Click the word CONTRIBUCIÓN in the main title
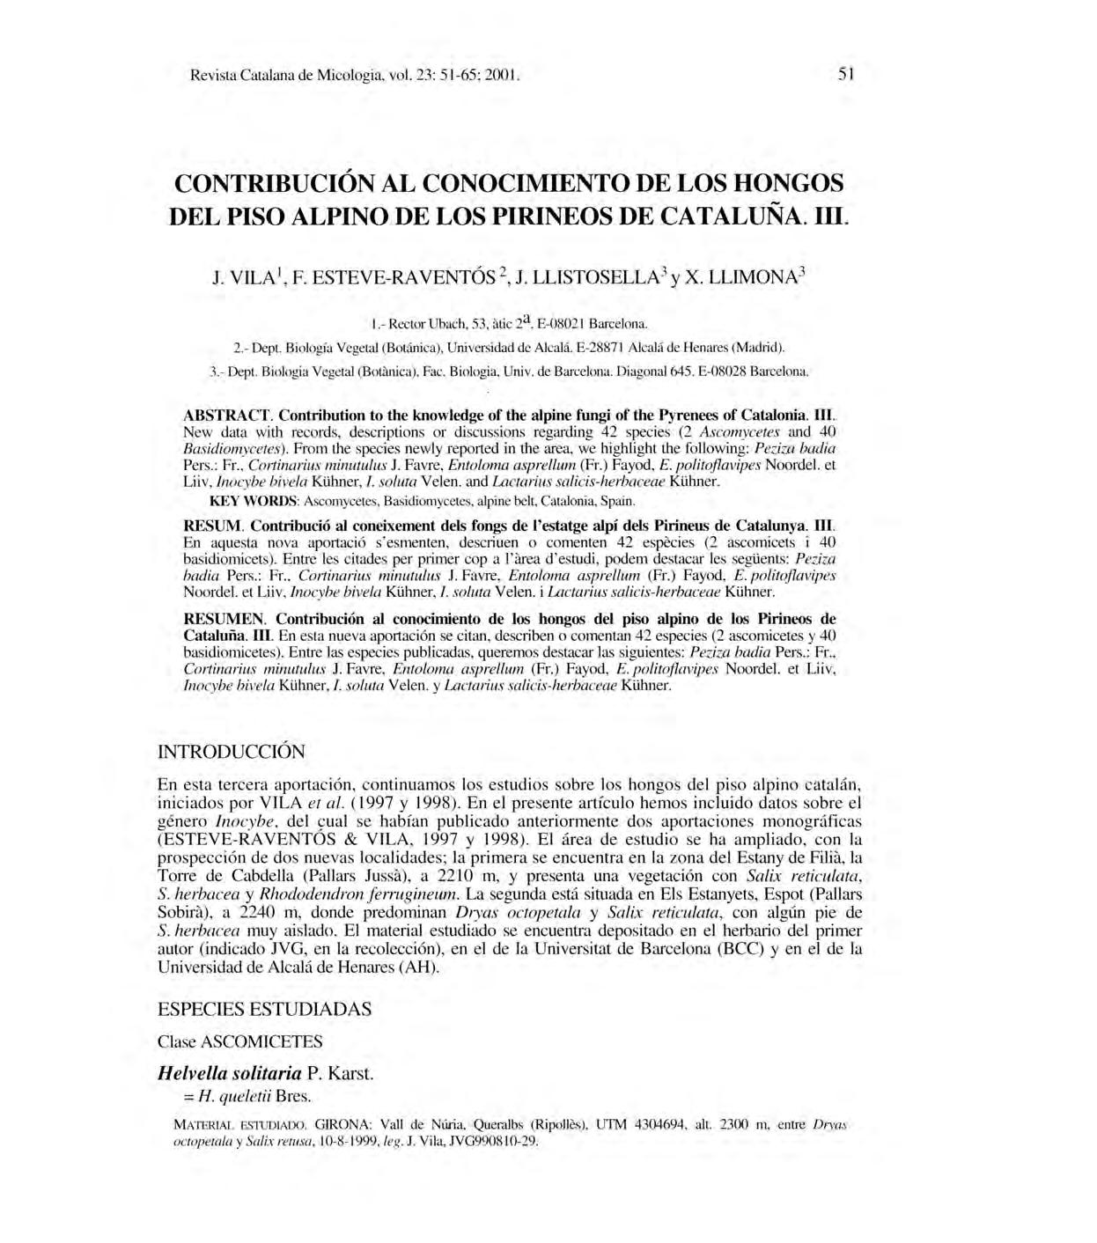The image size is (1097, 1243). tap(276, 184)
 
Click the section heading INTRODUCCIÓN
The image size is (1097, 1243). tap(231, 753)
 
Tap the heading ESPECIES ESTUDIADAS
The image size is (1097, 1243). tap(264, 1009)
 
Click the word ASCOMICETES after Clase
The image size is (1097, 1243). tap(262, 1041)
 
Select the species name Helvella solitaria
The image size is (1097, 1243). tap(229, 1074)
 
